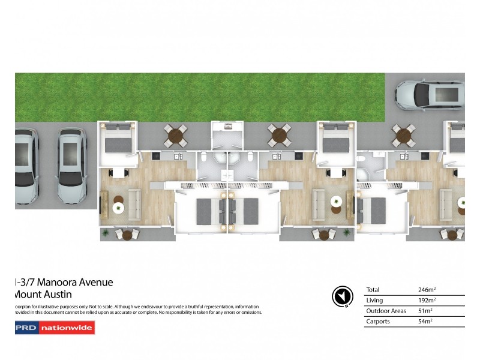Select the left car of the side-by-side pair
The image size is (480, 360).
(26, 165)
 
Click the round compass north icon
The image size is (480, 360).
(340, 296)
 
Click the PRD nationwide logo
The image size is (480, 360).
(55, 328)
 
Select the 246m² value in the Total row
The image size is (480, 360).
(427, 289)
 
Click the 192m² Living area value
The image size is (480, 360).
(427, 300)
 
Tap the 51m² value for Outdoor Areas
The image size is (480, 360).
(425, 311)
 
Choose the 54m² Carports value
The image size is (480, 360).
(425, 322)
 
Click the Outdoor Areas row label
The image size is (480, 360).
(386, 311)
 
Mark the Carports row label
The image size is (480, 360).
(379, 322)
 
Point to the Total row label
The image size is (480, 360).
(373, 289)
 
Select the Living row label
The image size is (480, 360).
(374, 300)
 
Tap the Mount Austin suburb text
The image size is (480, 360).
(42, 294)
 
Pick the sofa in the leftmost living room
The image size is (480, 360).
(134, 205)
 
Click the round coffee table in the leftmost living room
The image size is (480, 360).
(119, 208)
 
